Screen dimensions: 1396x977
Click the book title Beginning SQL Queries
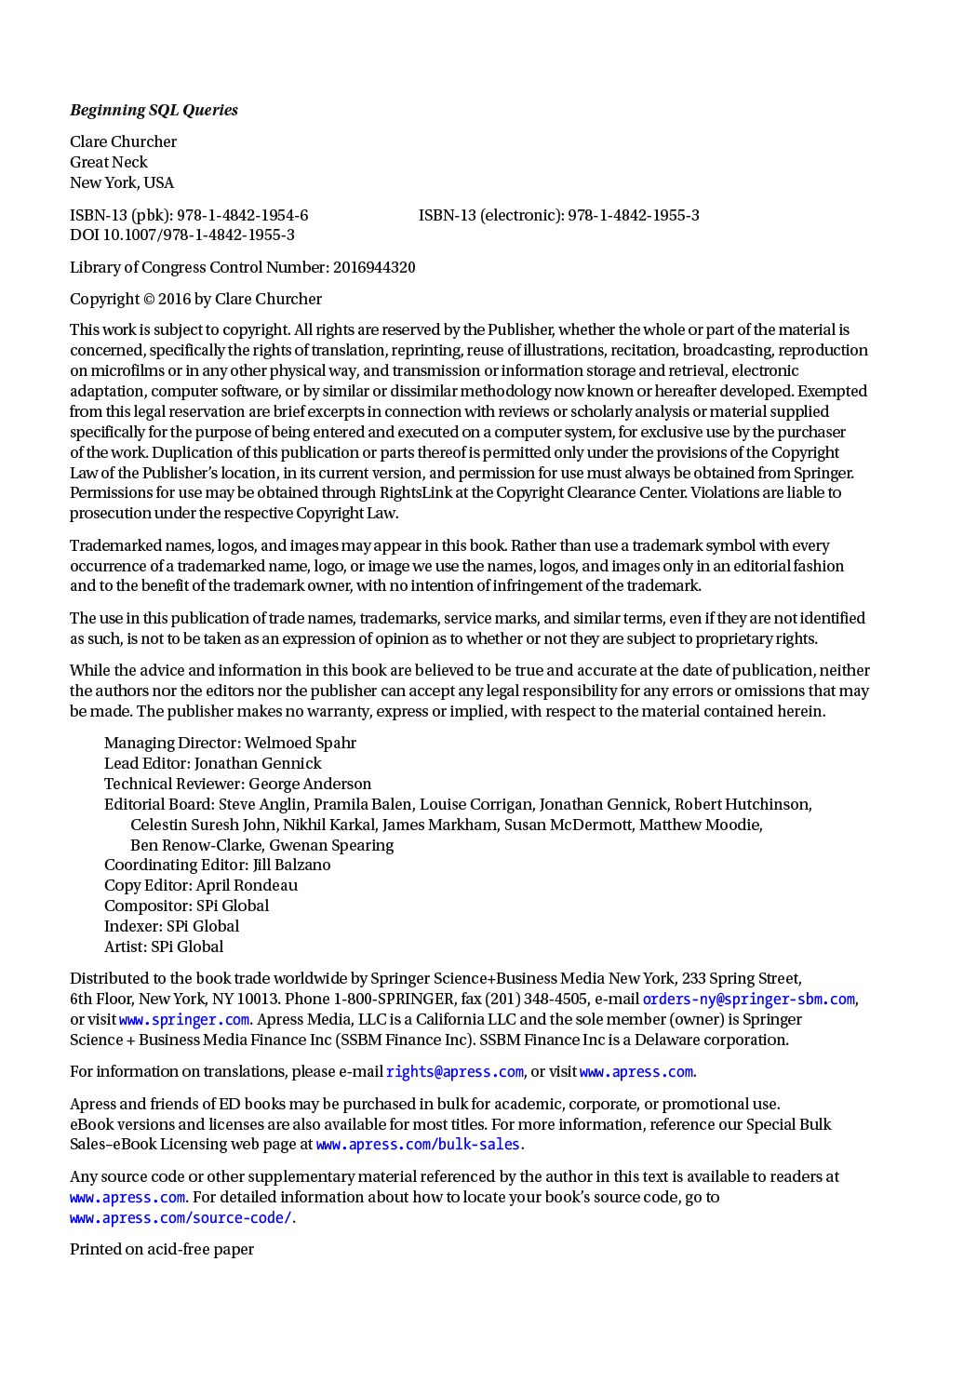(154, 110)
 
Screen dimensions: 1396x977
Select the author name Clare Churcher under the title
(123, 141)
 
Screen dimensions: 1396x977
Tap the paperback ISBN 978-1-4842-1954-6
(242, 215)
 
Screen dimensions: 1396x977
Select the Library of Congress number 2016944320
(374, 267)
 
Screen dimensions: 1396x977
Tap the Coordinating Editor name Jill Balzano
(291, 865)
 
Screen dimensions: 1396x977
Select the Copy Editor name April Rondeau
(247, 885)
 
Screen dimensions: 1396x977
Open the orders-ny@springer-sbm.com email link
(748, 999)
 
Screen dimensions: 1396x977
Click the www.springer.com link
(184, 1019)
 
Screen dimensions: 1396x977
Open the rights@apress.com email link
(454, 1071)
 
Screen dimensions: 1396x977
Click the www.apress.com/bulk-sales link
(418, 1144)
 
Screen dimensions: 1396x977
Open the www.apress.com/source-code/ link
(181, 1217)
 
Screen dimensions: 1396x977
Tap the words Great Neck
(108, 162)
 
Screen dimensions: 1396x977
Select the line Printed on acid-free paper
(161, 1249)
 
